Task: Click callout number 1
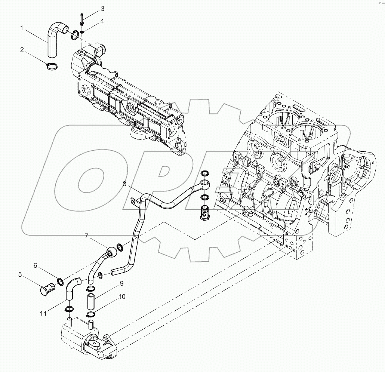pyautogui.click(x=22, y=28)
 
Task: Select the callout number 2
pyautogui.click(x=22, y=49)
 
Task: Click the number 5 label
pyautogui.click(x=20, y=275)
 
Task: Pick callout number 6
pyautogui.click(x=36, y=265)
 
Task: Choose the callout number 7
pyautogui.click(x=86, y=236)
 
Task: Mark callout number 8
pyautogui.click(x=125, y=184)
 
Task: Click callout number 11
pyautogui.click(x=44, y=313)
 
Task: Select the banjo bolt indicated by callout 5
pyautogui.click(x=47, y=289)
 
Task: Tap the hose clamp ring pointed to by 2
pyautogui.click(x=52, y=67)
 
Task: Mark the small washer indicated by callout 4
pyautogui.click(x=81, y=32)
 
